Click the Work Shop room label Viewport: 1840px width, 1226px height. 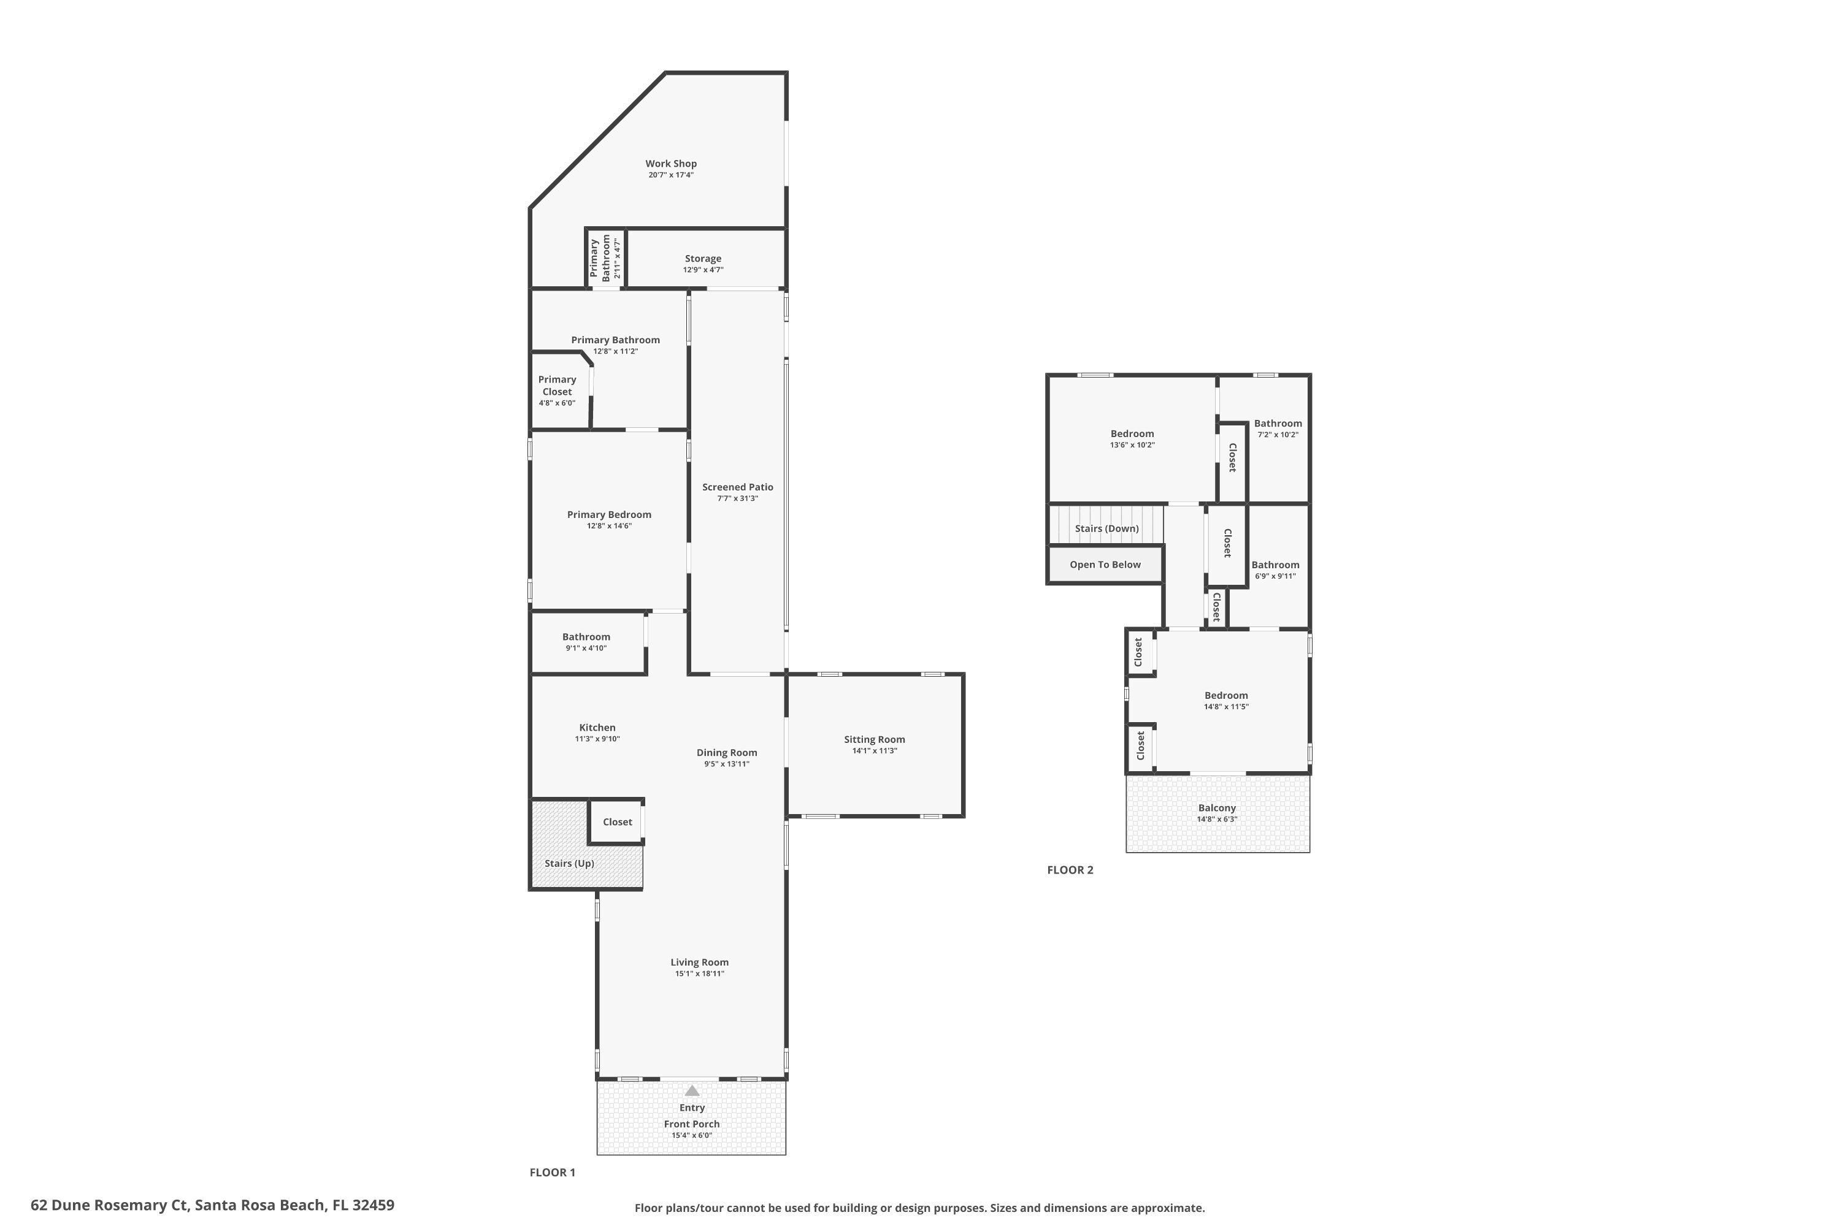[670, 164]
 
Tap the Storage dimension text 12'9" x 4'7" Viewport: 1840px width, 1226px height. [702, 270]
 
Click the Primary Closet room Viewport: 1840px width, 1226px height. [557, 390]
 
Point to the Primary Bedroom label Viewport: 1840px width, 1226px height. [608, 514]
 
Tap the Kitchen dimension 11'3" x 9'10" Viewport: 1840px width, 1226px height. [597, 739]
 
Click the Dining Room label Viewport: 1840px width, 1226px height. [727, 753]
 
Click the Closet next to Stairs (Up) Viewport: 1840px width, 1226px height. [617, 822]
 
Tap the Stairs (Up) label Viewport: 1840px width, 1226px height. [569, 863]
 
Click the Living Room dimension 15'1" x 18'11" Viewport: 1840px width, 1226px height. [699, 974]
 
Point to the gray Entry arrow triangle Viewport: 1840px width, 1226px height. [692, 1091]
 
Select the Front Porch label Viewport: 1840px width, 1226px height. [692, 1124]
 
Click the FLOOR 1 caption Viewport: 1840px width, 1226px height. [553, 1172]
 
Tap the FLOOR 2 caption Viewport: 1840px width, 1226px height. [1070, 869]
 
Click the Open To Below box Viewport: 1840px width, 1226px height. [1105, 565]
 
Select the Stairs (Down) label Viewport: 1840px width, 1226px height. [1106, 528]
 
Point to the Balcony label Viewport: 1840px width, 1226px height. [1216, 809]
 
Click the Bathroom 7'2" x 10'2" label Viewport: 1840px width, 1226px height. [1278, 424]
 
